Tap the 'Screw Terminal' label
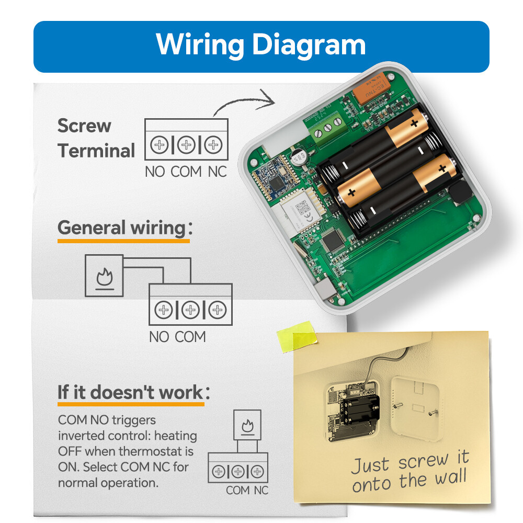(96, 138)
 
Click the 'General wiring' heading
(121, 228)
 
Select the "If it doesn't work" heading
(130, 392)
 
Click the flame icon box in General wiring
(104, 276)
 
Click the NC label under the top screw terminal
(217, 171)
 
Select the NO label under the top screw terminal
(155, 171)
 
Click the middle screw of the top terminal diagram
(186, 145)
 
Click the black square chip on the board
(331, 242)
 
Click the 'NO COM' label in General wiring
(177, 337)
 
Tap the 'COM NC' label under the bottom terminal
(247, 490)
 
